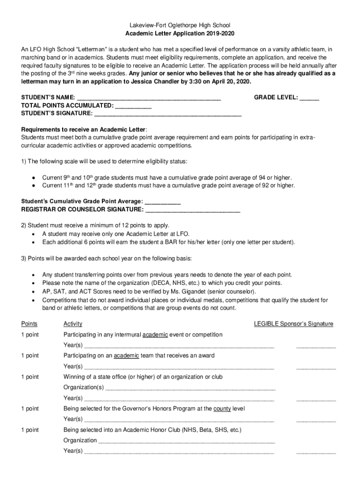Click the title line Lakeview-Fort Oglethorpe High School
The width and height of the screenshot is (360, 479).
(x=180, y=25)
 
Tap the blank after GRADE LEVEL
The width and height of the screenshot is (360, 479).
(x=310, y=98)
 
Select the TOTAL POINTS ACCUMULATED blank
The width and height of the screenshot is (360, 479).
(x=133, y=106)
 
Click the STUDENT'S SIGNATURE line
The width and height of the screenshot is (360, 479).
(x=168, y=114)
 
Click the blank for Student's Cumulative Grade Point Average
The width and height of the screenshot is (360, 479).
(x=163, y=202)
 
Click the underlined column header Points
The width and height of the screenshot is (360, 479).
(x=29, y=324)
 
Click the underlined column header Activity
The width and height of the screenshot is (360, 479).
(x=73, y=324)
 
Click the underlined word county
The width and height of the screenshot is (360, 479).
(x=221, y=409)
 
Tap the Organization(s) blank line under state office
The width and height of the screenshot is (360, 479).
(x=190, y=388)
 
